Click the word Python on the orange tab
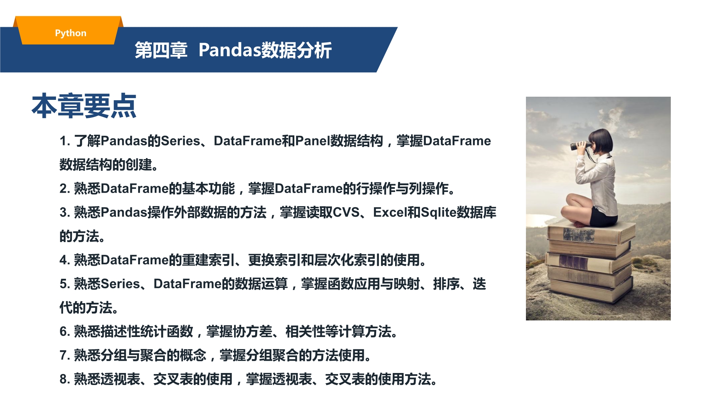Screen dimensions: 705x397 click(x=70, y=33)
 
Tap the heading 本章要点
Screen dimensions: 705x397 click(x=84, y=106)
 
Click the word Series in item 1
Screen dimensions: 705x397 click(x=180, y=141)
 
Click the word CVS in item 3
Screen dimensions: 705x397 click(x=346, y=212)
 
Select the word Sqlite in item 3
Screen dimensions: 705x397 click(x=439, y=212)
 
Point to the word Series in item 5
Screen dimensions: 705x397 click(x=121, y=284)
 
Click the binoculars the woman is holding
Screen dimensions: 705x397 click(x=580, y=145)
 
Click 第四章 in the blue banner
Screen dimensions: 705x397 click(x=161, y=50)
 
